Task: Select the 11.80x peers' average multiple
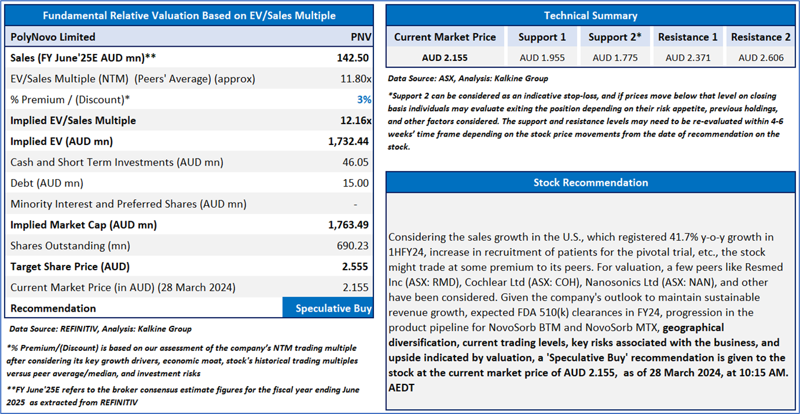pyautogui.click(x=356, y=79)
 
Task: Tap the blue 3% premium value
pyautogui.click(x=364, y=99)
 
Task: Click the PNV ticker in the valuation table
pyautogui.click(x=361, y=37)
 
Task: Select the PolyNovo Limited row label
pyautogui.click(x=53, y=37)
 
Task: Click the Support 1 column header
pyautogui.click(x=542, y=37)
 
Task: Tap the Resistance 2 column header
pyautogui.click(x=760, y=37)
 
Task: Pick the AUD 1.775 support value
pyautogui.click(x=614, y=57)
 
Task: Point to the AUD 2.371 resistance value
pyautogui.click(x=688, y=57)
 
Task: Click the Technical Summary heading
pyautogui.click(x=590, y=16)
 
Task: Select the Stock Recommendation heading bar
pyautogui.click(x=590, y=182)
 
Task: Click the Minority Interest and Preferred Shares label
pyautogui.click(x=128, y=204)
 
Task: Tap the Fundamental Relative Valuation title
pyautogui.click(x=189, y=16)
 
